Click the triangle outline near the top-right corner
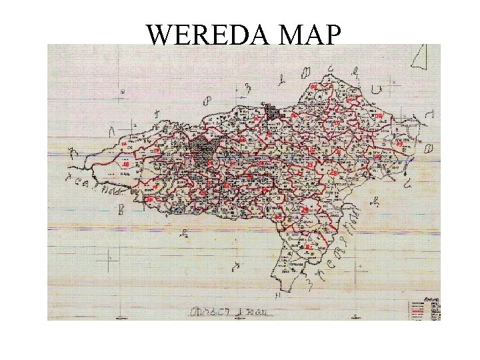(x=418, y=56)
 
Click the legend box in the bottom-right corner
(x=424, y=307)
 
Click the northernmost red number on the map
(x=313, y=86)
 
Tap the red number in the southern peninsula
(x=309, y=248)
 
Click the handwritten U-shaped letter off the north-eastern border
(x=377, y=89)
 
